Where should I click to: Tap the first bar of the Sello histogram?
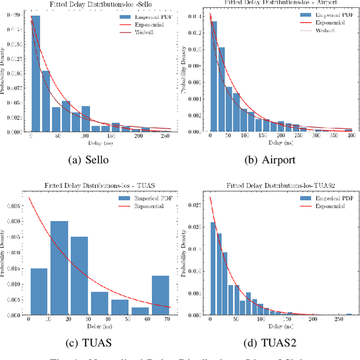click(x=35, y=73)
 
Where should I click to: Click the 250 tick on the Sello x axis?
click(x=165, y=136)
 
